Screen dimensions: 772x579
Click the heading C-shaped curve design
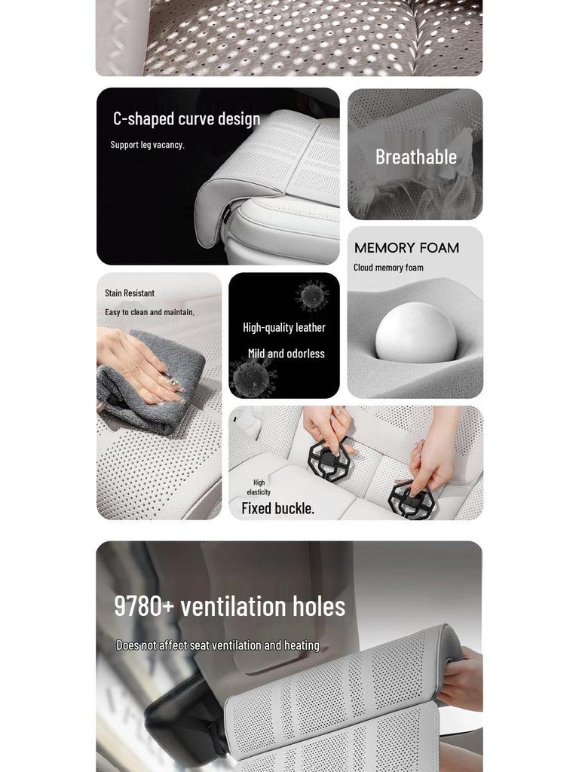[186, 119]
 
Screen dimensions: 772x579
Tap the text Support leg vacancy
[147, 145]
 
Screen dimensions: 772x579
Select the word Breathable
[416, 157]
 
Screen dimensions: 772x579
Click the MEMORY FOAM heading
[406, 248]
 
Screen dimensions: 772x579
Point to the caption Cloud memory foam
[388, 268]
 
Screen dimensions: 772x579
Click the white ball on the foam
[416, 333]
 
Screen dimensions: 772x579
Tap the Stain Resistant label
[130, 293]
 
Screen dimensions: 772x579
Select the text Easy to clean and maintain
[149, 312]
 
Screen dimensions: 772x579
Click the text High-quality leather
[284, 327]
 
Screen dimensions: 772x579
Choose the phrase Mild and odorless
[286, 354]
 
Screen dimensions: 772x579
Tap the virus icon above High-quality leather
[312, 296]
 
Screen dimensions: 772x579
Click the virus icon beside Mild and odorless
[253, 376]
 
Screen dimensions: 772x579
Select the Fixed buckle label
[277, 508]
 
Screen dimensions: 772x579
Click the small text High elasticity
[259, 487]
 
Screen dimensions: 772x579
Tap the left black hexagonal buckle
[329, 461]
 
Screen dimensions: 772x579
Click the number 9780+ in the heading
[144, 606]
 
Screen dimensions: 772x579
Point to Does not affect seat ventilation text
[217, 645]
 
